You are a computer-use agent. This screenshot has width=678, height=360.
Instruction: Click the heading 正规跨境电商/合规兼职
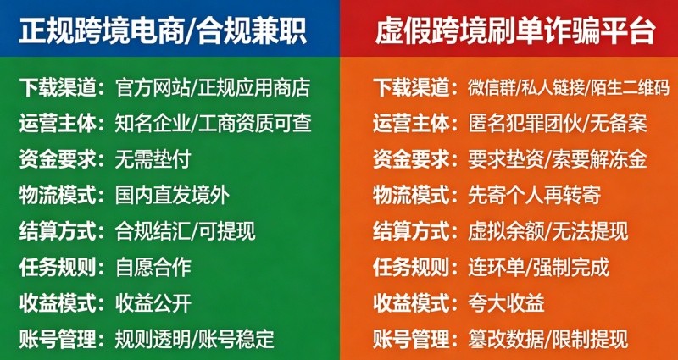pos(163,31)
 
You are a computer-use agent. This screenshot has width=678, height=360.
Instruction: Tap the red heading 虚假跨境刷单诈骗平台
pos(515,31)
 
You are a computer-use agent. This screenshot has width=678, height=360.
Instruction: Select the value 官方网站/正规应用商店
pos(213,89)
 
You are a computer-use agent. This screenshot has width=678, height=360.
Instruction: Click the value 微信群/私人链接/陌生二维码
pos(569,89)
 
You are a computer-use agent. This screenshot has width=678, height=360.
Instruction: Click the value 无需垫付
pos(153,160)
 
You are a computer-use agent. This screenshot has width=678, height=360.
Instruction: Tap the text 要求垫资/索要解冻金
pos(558,160)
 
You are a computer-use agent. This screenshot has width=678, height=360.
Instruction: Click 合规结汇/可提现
pos(185,232)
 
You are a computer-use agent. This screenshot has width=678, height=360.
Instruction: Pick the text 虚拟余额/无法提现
pos(547,232)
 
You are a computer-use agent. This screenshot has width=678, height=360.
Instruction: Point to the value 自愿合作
pos(153,268)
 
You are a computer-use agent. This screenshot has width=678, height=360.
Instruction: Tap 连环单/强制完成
pos(538,268)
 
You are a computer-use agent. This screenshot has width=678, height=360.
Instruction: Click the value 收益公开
pos(153,304)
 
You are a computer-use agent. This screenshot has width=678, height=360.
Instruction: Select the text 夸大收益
pos(506,304)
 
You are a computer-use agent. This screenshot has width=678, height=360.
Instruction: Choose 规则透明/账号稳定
pos(195,340)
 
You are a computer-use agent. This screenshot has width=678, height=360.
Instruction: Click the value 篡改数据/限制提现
pos(547,340)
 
